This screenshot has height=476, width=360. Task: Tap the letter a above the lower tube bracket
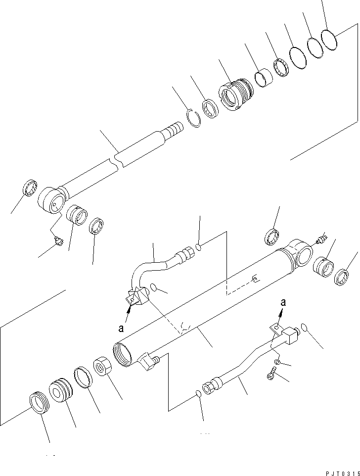point(282,302)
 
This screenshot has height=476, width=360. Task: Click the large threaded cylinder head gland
point(235,94)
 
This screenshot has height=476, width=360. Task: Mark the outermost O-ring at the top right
point(329,39)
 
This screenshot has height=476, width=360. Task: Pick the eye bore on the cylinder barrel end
point(303,256)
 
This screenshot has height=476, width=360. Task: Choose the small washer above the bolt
point(277,363)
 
